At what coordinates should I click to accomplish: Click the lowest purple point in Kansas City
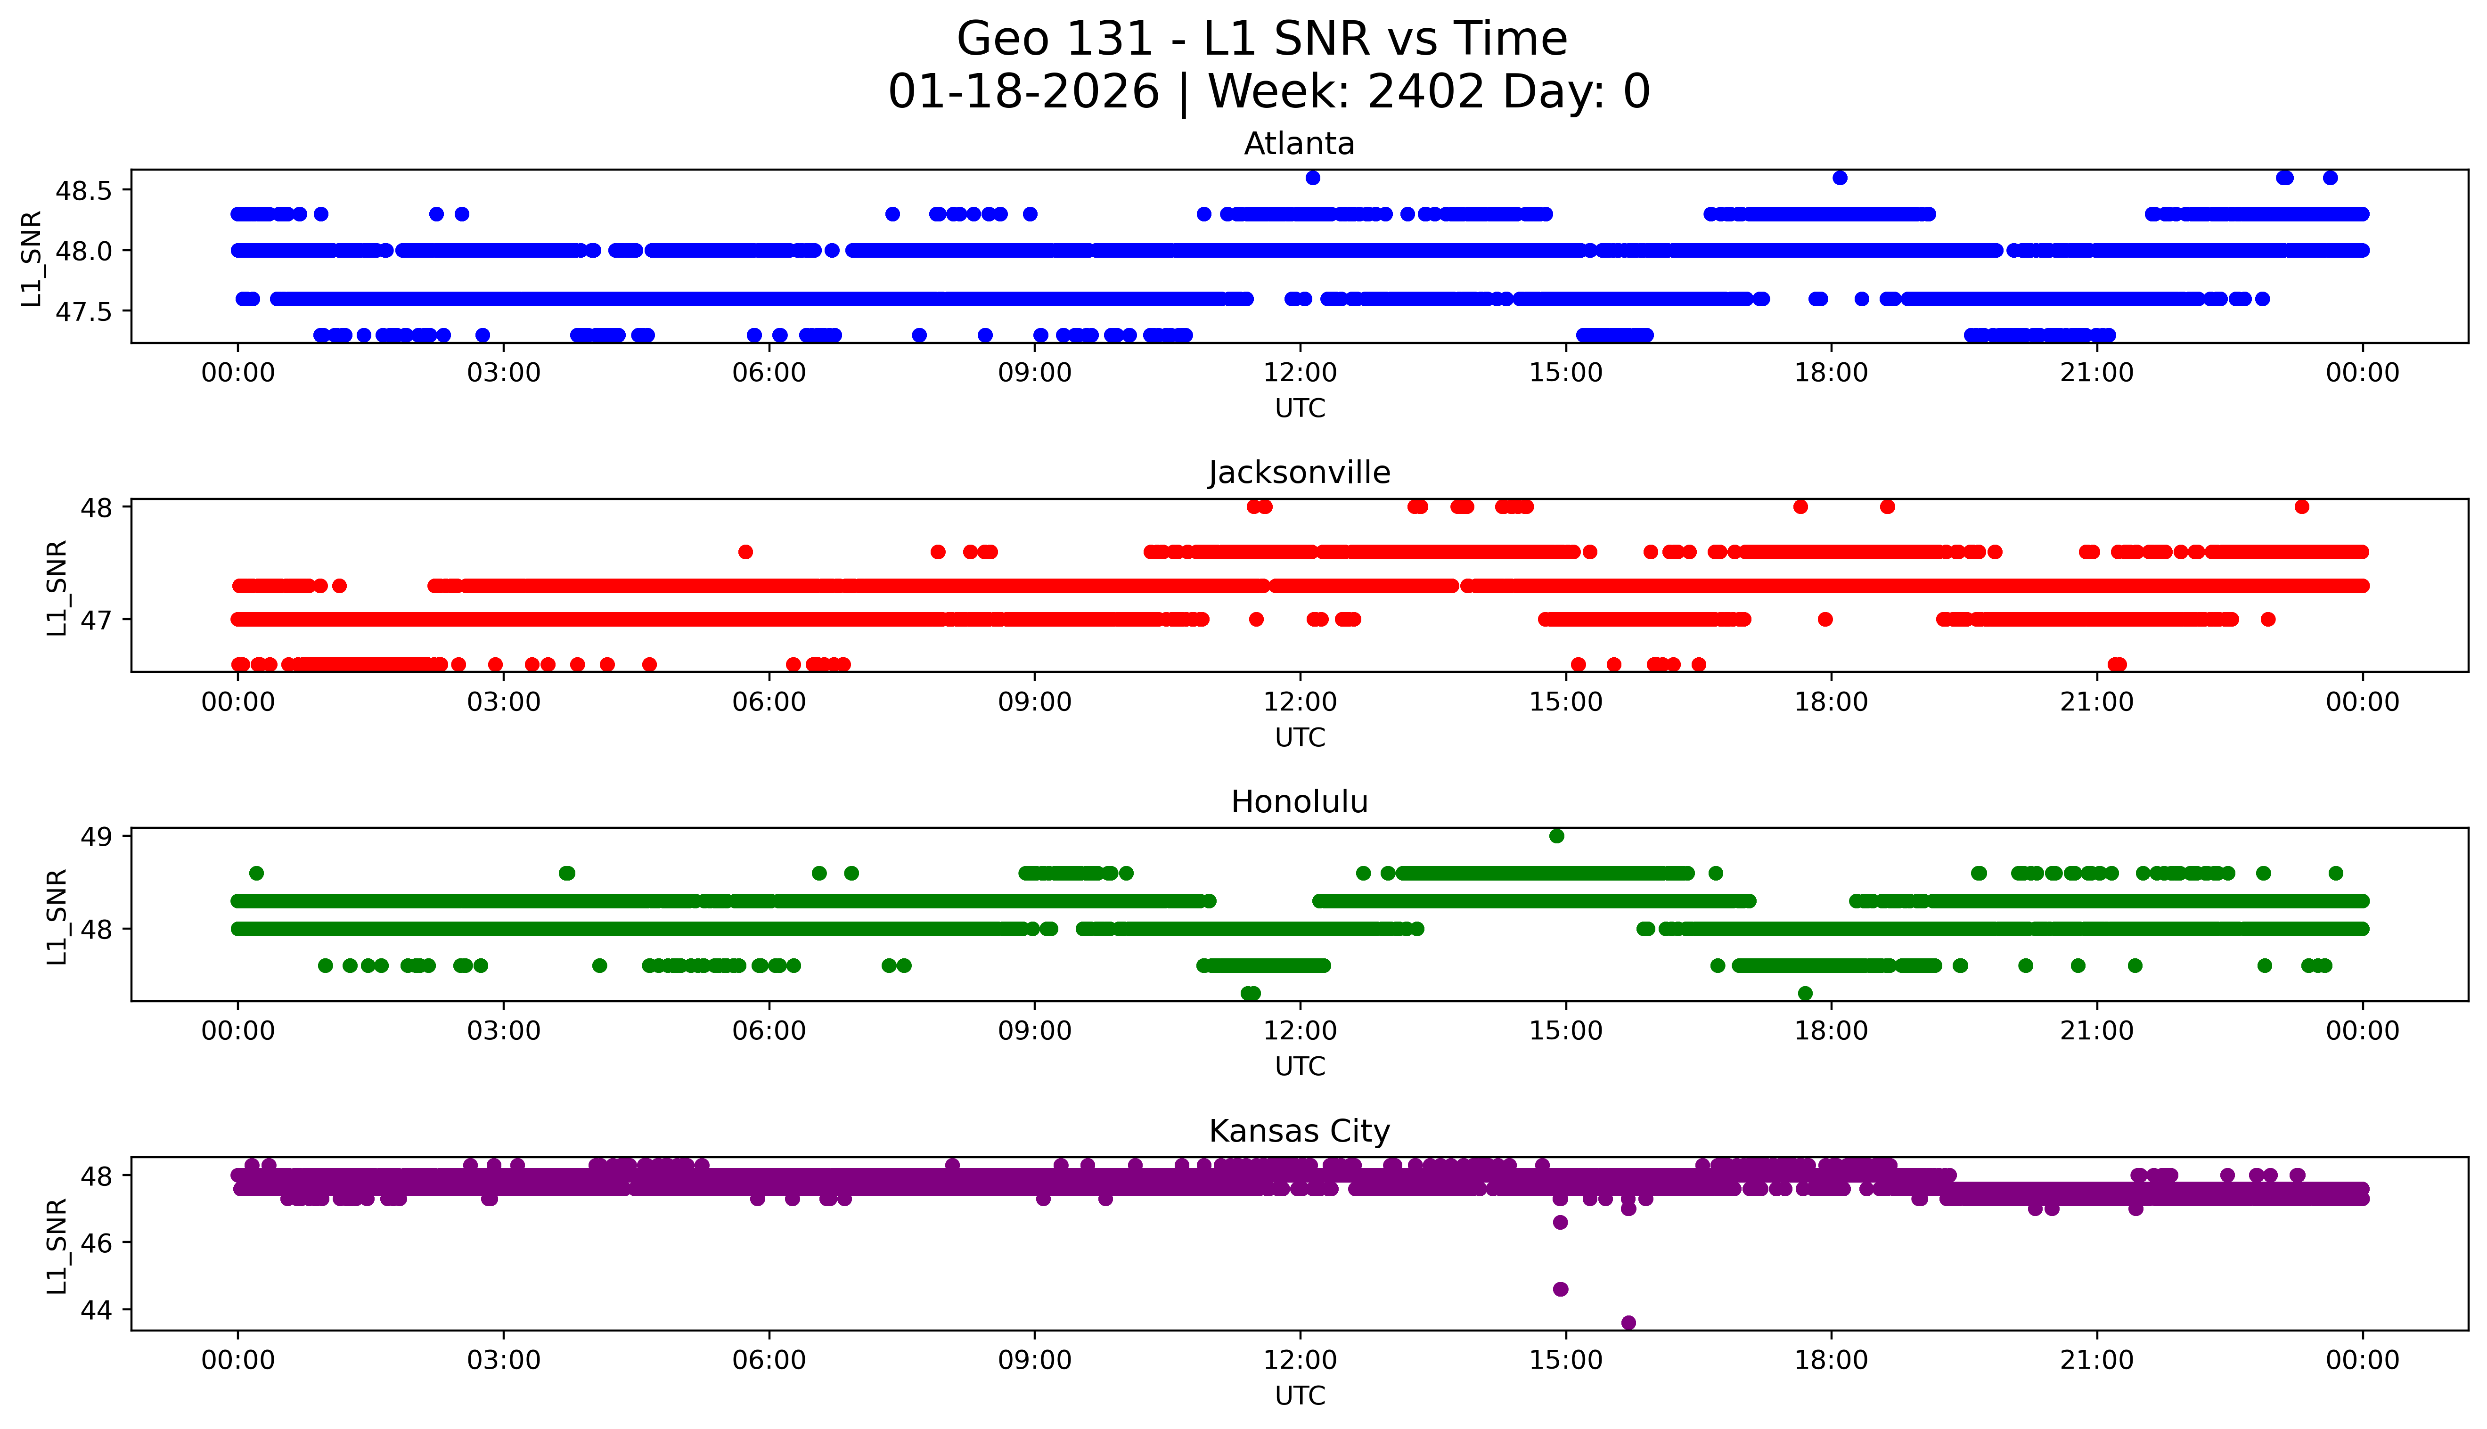pos(1628,1322)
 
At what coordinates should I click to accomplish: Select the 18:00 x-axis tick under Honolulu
pos(1832,1030)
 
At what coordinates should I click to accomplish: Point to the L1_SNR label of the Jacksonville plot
pos(57,587)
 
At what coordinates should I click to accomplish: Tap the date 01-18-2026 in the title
pos(1023,92)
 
